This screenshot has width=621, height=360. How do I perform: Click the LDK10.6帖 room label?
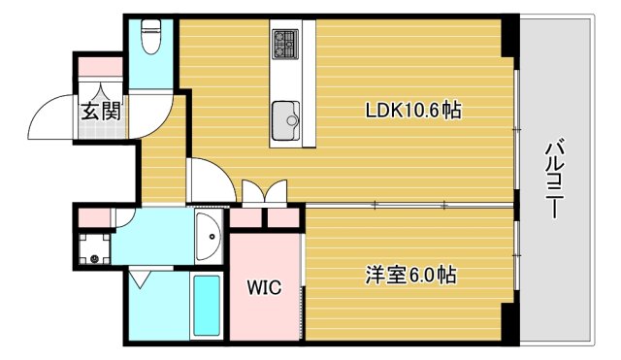[412, 111]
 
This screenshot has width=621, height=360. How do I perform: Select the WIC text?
[264, 288]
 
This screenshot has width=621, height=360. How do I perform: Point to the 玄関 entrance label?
[100, 111]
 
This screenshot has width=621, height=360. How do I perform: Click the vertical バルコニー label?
[555, 180]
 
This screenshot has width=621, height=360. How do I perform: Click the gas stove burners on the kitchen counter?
[285, 44]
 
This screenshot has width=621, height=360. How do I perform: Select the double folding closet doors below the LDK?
[265, 192]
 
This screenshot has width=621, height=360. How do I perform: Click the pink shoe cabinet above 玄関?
[100, 68]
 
